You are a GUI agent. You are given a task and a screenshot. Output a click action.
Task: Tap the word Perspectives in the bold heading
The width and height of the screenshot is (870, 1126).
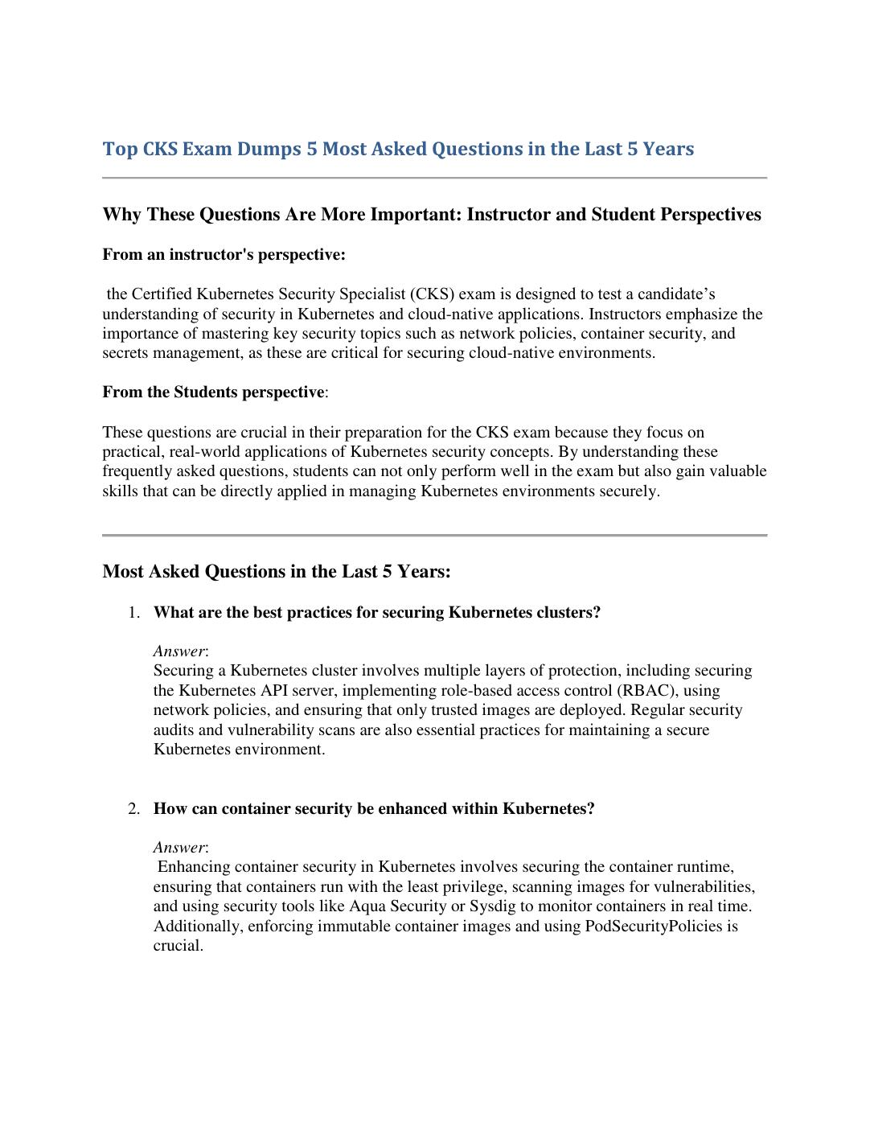click(x=710, y=215)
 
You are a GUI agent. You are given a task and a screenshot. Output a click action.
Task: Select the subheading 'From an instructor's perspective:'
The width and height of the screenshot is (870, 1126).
click(x=224, y=255)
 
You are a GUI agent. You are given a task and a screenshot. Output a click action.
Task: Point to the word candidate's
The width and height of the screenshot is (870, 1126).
click(x=676, y=294)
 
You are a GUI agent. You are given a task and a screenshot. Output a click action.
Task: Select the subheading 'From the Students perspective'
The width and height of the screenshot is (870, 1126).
click(x=213, y=392)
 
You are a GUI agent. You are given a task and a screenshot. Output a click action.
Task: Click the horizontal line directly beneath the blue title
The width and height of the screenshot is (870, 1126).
click(x=434, y=178)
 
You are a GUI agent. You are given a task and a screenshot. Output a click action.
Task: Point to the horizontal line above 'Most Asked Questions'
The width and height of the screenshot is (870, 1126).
click(x=434, y=535)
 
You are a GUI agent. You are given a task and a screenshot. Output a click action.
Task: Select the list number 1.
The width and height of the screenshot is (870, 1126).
click(x=133, y=613)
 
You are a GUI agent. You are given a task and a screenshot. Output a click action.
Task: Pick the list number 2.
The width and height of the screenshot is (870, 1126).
click(x=133, y=809)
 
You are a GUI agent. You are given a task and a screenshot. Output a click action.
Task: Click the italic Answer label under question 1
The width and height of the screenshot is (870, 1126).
click(x=179, y=651)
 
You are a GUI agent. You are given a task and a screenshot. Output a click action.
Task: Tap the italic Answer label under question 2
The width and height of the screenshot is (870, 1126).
click(x=179, y=848)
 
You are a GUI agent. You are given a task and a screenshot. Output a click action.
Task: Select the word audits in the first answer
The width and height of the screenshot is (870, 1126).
click(x=176, y=730)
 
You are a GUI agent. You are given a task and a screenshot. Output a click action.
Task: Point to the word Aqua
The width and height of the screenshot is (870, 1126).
click(x=368, y=906)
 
